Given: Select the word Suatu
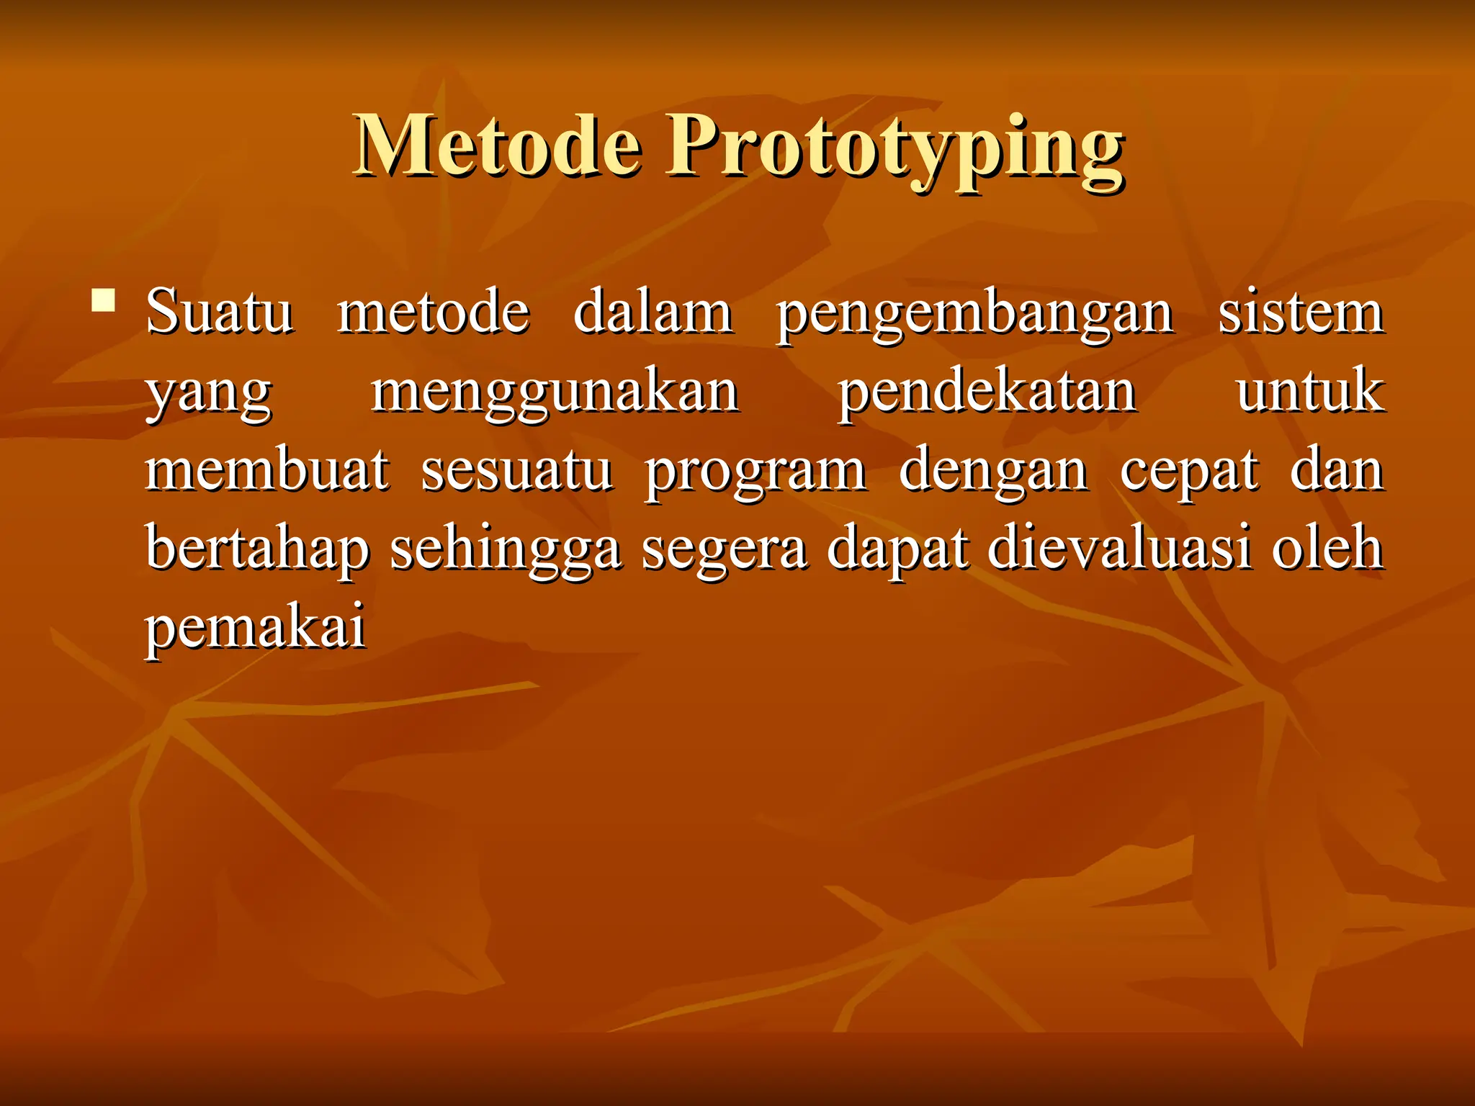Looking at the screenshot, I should click(220, 312).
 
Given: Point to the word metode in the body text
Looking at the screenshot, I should click(434, 312).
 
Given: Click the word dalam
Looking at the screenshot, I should click(653, 312).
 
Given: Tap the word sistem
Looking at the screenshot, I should click(1301, 312).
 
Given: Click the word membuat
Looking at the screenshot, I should click(267, 470).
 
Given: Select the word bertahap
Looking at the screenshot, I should click(258, 551).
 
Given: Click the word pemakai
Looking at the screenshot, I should click(256, 629).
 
